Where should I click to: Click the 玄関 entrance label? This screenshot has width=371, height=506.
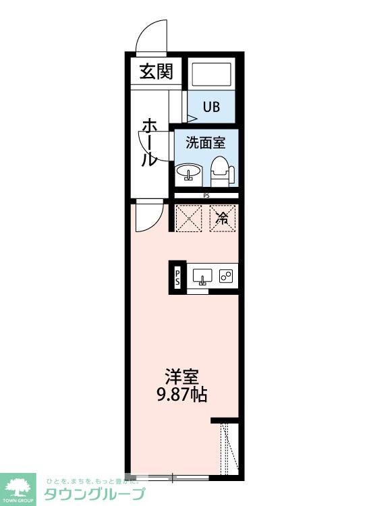point(156,71)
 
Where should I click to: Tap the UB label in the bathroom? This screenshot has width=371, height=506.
point(212,107)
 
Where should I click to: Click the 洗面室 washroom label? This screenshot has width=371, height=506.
point(205,142)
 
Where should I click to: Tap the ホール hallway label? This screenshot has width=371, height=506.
point(148,143)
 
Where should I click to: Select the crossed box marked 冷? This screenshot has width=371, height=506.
point(222,217)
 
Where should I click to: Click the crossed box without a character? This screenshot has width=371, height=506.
point(188,217)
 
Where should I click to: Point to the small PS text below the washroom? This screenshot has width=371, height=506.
point(206,196)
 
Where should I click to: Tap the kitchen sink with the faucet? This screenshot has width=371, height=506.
point(202,275)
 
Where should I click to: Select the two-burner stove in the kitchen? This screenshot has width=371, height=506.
point(226,275)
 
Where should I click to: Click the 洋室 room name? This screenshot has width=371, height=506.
point(183,376)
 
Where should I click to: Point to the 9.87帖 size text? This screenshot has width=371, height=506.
point(183,395)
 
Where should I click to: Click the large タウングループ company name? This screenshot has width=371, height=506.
point(94,494)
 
